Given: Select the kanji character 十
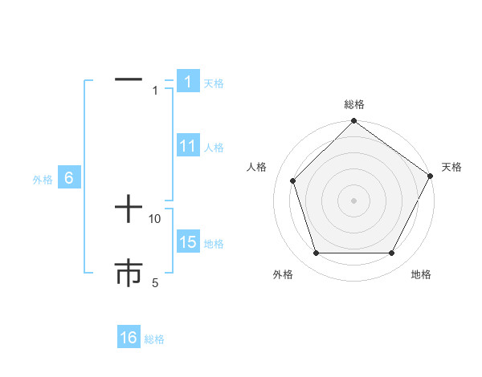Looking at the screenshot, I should click(x=129, y=211).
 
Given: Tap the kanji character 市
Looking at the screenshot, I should click(x=129, y=273).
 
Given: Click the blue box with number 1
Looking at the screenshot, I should click(x=187, y=82).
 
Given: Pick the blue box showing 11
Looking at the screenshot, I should click(x=187, y=146).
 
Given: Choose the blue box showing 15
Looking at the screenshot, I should click(x=187, y=242).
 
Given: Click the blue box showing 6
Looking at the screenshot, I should click(x=69, y=179).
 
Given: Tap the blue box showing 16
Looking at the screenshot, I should click(x=129, y=338).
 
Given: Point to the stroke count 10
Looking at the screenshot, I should click(x=155, y=218).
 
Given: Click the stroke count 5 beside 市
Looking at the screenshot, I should click(x=155, y=282).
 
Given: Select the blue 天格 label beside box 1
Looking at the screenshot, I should click(x=214, y=83).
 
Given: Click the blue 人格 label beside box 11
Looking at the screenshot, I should click(x=214, y=148).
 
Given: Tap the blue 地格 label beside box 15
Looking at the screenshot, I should click(x=214, y=244).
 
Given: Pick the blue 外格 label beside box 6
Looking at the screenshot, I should click(x=43, y=180).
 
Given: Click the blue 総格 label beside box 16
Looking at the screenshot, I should click(x=154, y=339).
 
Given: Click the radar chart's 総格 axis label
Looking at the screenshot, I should click(x=353, y=104).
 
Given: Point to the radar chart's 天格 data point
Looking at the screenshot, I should click(x=430, y=176).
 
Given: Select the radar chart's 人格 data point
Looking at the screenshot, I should click(x=292, y=180).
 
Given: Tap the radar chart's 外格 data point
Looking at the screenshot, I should click(x=316, y=253).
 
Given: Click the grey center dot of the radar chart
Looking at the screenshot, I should click(x=353, y=200).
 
